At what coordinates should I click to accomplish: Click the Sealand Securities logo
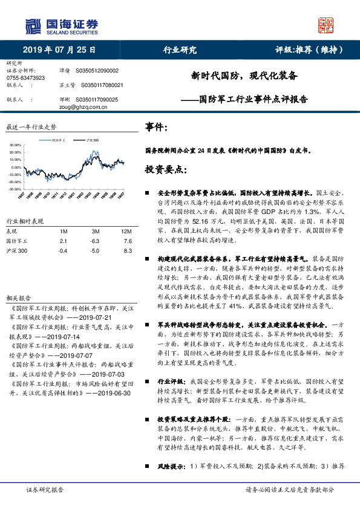point(61,26)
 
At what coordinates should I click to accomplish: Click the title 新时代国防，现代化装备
point(245,76)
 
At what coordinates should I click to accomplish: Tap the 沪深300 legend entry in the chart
point(92,140)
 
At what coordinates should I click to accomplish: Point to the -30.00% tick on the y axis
point(15,189)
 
